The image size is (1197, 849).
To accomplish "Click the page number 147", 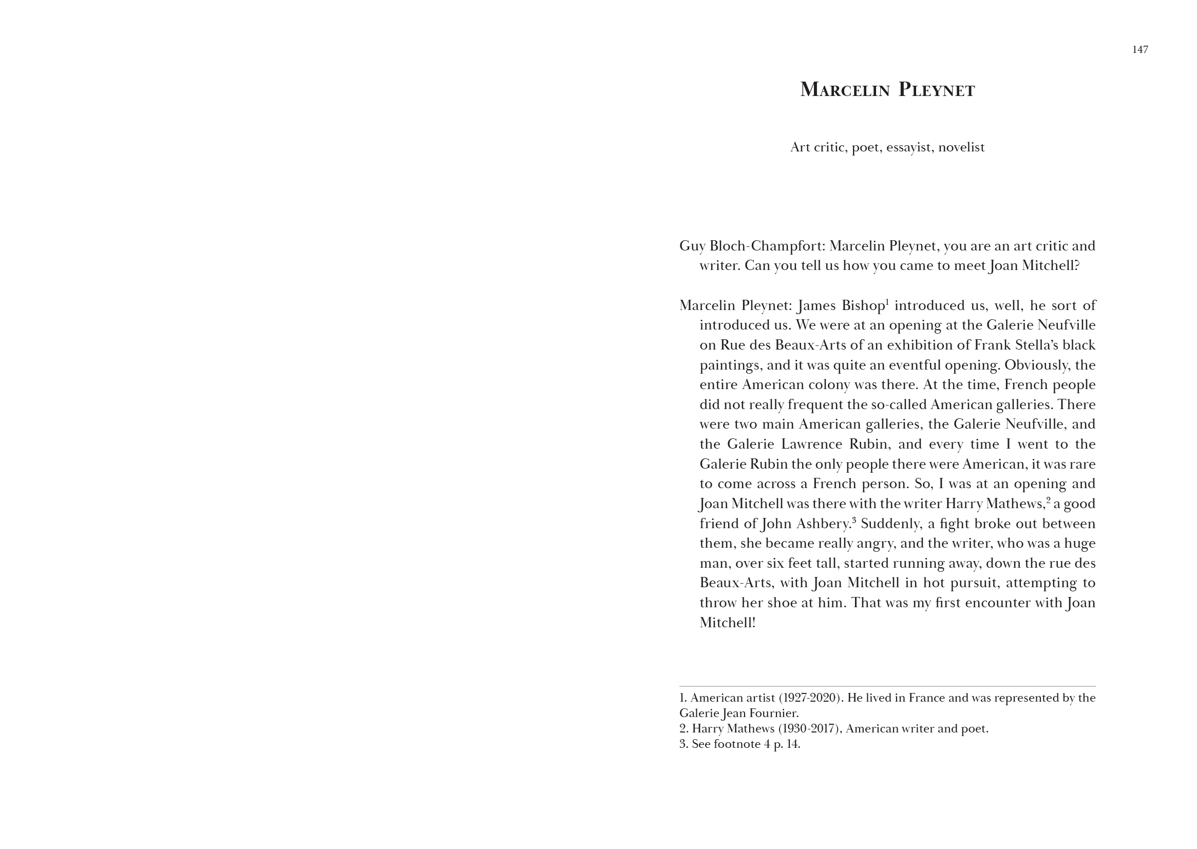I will pyautogui.click(x=1140, y=50).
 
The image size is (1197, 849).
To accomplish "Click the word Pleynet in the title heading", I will pyautogui.click(x=937, y=90).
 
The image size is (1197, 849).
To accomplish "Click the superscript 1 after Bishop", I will pyautogui.click(x=887, y=302).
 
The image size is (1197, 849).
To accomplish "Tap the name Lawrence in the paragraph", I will pyautogui.click(x=811, y=445).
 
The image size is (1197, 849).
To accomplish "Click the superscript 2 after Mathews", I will pyautogui.click(x=1049, y=500).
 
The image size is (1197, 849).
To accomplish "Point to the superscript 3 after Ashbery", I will pyautogui.click(x=854, y=519).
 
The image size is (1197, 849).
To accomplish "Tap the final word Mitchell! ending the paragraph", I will pyautogui.click(x=728, y=623).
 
